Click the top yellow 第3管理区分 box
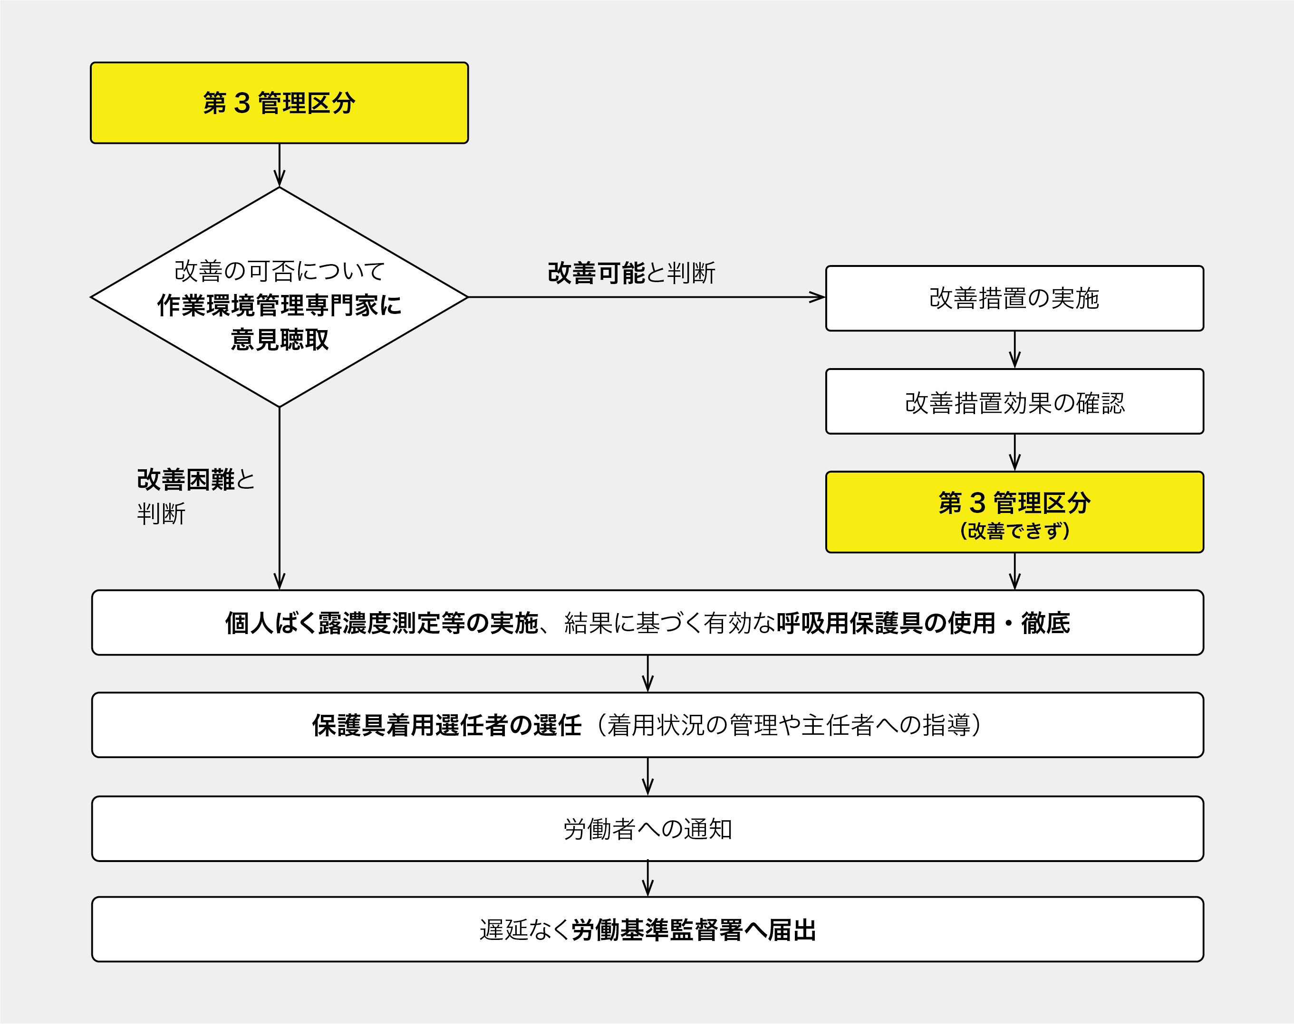click(x=279, y=103)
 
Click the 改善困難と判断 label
click(x=195, y=496)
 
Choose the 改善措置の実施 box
click(x=1014, y=298)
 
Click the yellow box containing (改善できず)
click(x=1014, y=512)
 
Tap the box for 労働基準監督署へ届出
click(x=647, y=930)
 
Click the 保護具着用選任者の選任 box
click(x=647, y=725)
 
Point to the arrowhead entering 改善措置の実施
click(x=817, y=297)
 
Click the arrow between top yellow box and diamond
click(x=279, y=165)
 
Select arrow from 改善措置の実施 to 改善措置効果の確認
click(x=1014, y=350)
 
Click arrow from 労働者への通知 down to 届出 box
click(x=647, y=879)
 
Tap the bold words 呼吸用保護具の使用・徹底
click(x=923, y=623)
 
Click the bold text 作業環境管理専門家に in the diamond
click(x=279, y=305)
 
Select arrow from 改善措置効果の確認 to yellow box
click(x=1014, y=453)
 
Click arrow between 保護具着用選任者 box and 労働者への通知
click(x=647, y=777)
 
